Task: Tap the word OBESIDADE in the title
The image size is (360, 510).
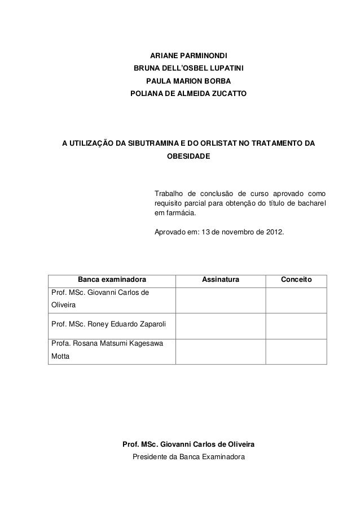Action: [x=188, y=155]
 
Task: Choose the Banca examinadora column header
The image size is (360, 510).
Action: [x=112, y=280]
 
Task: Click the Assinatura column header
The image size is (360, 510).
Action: [x=221, y=280]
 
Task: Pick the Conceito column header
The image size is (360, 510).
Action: [x=296, y=280]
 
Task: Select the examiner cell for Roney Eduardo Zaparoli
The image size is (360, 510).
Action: [x=104, y=325]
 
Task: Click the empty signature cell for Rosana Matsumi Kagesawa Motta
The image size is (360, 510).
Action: [x=221, y=351]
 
